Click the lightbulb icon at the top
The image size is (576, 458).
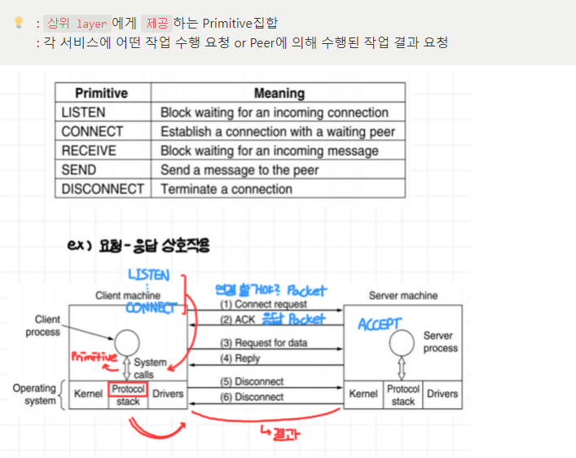[x=18, y=24]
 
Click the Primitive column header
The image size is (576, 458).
[x=101, y=93]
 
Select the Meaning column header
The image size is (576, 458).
[x=279, y=93]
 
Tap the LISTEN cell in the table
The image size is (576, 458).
[x=83, y=112]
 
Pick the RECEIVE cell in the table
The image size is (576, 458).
[x=88, y=151]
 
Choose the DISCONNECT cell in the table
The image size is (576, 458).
[x=102, y=189]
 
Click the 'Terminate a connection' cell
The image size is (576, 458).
[x=226, y=189]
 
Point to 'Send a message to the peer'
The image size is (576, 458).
[x=240, y=170]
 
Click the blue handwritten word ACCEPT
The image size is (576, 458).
[x=380, y=324]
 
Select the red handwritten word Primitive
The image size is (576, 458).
[x=95, y=357]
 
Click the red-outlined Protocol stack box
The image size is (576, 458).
[x=127, y=394]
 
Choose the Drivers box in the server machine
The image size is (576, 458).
[x=442, y=394]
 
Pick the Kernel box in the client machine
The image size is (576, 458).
[x=88, y=394]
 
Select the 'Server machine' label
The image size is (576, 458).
[x=402, y=296]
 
